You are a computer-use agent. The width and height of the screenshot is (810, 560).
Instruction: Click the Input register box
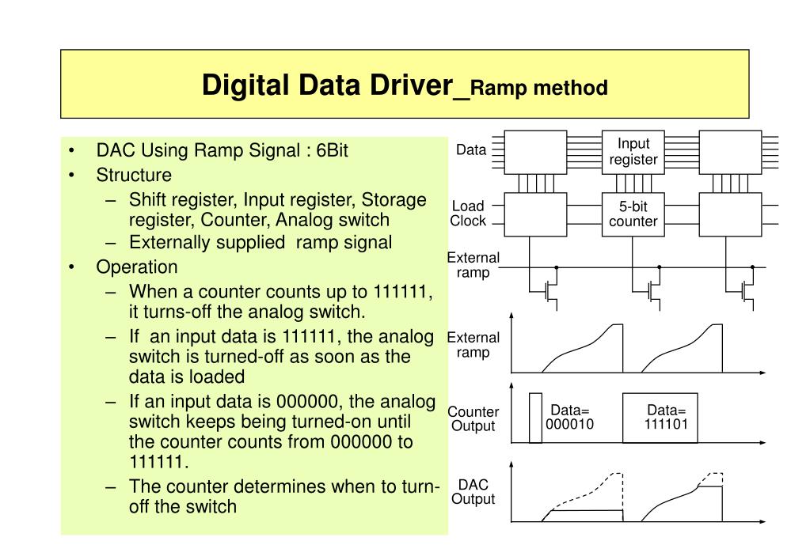pos(633,151)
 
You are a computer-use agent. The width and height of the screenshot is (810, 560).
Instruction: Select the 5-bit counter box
pos(633,214)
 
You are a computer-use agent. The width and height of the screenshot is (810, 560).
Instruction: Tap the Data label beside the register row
pos(471,150)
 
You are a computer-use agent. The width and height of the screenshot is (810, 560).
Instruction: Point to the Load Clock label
pos(468,214)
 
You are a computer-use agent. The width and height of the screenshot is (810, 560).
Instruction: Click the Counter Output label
pos(473,419)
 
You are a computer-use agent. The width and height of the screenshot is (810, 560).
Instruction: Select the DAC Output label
pos(473,491)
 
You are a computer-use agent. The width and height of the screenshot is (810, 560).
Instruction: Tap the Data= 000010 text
pos(570,417)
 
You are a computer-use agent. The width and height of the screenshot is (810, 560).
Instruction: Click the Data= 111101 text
pos(667,417)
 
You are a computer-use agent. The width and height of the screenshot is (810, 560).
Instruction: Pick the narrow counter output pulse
pos(536,417)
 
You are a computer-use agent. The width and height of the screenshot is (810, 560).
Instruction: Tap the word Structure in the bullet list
pos(134,175)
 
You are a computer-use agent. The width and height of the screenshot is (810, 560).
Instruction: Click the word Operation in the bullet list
pos(137,267)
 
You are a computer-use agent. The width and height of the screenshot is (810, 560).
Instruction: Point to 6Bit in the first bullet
pos(332,151)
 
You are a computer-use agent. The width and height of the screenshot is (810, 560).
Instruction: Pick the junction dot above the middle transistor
pos(659,267)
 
